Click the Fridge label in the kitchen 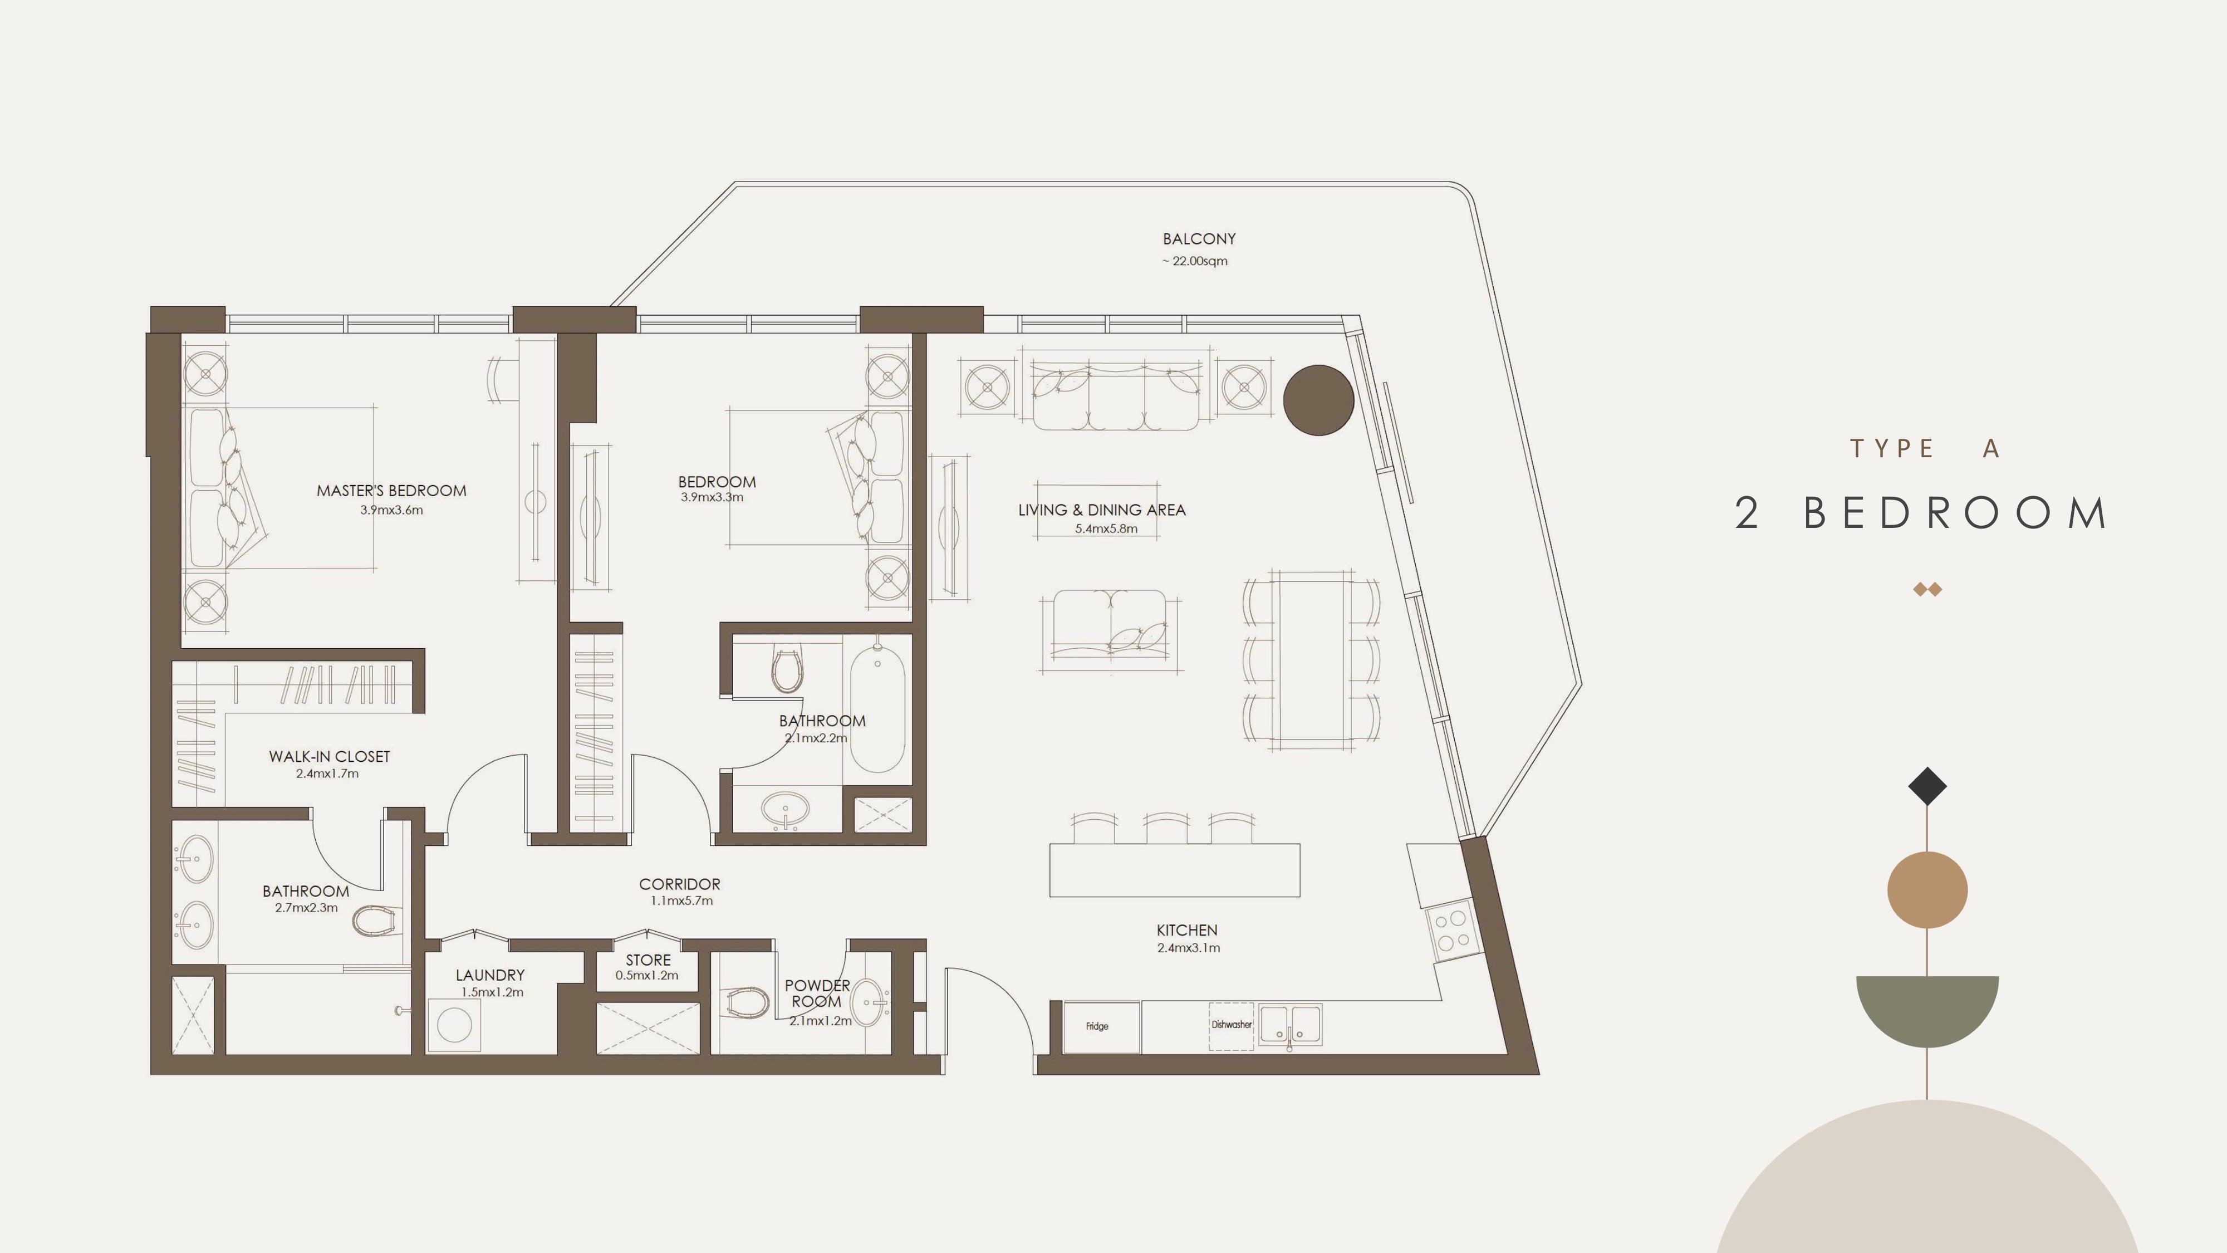1096,1026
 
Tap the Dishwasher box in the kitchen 1231,1026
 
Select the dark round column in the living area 1318,399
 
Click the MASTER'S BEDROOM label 391,490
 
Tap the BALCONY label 1199,239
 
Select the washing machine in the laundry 454,1026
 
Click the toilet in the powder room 746,1003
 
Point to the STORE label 649,960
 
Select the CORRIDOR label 679,884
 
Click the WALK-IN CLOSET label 330,757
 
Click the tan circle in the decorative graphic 1927,890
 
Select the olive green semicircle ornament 1927,1007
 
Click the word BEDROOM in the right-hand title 1955,513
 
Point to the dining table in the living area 1312,660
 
